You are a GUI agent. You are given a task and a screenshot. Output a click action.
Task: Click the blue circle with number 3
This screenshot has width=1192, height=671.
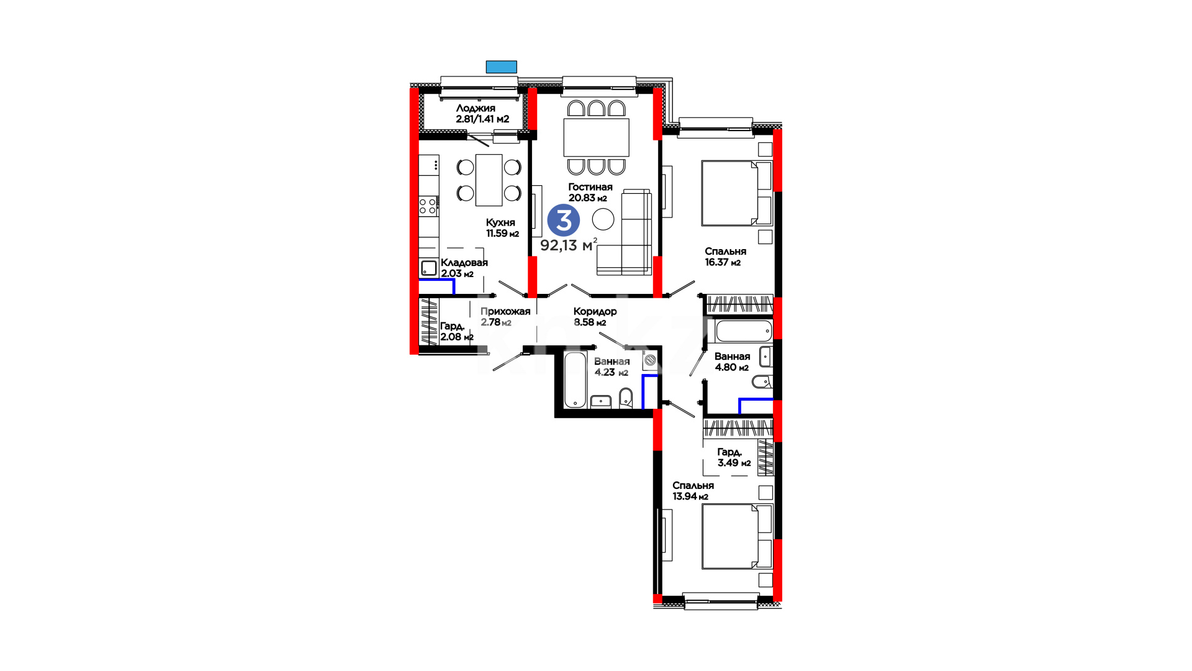pos(564,221)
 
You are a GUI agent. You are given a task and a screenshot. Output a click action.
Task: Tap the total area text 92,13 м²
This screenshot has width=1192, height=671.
pos(569,245)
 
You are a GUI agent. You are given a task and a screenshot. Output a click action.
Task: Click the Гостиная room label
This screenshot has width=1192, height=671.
pos(590,187)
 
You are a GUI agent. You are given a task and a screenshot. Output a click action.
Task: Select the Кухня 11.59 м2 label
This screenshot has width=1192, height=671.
pos(502,228)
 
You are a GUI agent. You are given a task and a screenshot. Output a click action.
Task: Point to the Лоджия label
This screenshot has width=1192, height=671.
pos(476,108)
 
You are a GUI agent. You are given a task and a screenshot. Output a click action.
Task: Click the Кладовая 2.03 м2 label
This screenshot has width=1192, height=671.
pos(464,268)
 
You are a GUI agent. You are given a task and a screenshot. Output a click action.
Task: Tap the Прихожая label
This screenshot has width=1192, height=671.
pos(505,311)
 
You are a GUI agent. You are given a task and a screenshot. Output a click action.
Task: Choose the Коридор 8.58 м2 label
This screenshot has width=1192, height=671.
pos(595,317)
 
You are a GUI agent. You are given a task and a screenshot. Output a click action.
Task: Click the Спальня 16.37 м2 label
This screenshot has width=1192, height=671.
pos(725,257)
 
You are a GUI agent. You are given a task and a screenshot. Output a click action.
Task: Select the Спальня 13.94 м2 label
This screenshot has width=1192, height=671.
pos(693,491)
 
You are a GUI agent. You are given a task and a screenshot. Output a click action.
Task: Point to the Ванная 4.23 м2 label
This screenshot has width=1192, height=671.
pos(612,367)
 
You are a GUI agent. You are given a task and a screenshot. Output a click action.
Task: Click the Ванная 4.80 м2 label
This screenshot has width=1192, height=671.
pos(732,362)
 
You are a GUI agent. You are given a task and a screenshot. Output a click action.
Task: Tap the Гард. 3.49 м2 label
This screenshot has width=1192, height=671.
pos(734,457)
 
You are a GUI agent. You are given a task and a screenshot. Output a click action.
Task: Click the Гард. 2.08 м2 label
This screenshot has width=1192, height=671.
pos(456,331)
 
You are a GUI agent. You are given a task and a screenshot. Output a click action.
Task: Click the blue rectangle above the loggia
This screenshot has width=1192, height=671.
pos(501,67)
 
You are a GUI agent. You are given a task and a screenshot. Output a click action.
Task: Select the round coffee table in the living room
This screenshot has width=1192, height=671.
pos(603,219)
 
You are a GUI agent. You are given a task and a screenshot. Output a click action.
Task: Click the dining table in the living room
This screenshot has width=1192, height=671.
pos(596,137)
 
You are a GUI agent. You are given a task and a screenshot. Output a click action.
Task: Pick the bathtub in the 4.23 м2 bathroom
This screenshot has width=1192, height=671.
pos(575,380)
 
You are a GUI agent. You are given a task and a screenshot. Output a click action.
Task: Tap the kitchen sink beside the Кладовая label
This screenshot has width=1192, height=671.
pos(429,268)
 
